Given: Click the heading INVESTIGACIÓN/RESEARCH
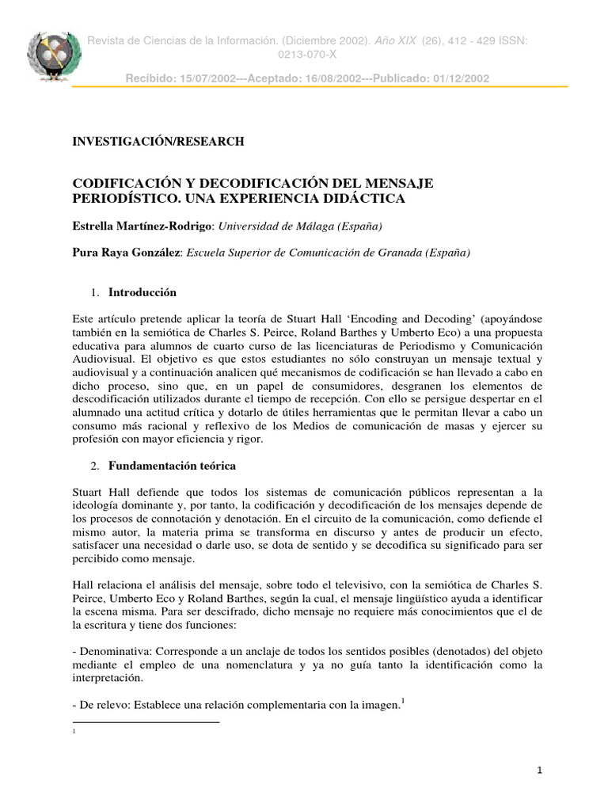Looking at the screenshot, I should (159, 142).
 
